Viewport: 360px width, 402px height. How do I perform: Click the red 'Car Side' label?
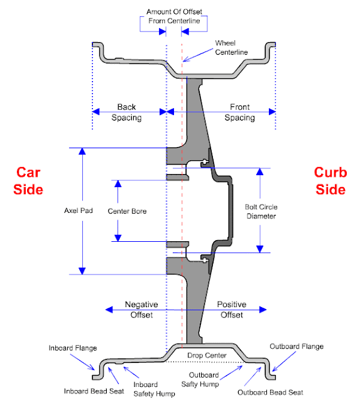coord(30,180)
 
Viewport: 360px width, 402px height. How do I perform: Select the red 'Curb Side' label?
coord(330,180)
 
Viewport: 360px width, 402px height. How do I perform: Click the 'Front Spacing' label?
coord(239,112)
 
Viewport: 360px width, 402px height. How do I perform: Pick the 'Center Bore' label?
coord(127,211)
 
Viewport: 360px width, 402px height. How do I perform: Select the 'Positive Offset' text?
coord(231,309)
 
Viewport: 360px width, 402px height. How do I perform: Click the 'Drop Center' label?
coord(202,356)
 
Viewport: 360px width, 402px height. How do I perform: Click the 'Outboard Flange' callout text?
coord(296,346)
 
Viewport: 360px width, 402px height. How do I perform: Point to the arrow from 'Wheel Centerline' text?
coord(199,55)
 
